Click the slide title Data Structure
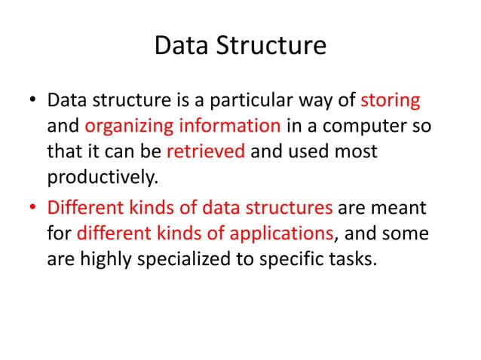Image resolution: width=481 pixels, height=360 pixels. (240, 47)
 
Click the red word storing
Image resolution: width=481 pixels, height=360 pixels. (391, 99)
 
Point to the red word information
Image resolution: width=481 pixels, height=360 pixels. (231, 126)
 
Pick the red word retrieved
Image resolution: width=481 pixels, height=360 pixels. (205, 151)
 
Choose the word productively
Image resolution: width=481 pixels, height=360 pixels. (101, 177)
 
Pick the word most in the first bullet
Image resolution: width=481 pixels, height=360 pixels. (354, 151)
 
